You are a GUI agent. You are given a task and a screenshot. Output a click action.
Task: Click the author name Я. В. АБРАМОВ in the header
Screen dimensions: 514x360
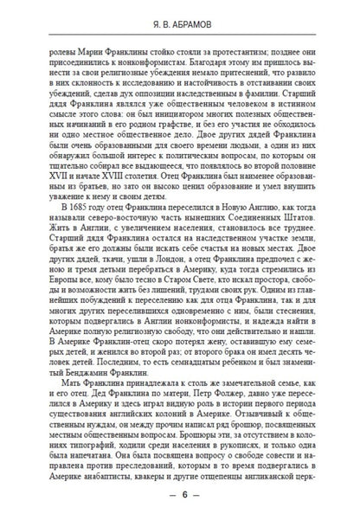[179, 26]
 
